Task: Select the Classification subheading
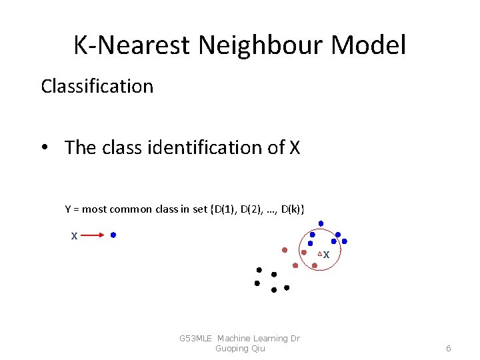(x=97, y=86)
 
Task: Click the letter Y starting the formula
(x=68, y=209)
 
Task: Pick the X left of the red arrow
(x=75, y=235)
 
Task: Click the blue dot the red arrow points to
(x=113, y=235)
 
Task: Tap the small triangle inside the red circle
(x=319, y=254)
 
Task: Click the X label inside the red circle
(x=327, y=255)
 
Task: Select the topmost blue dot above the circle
(x=321, y=223)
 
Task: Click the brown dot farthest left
(x=285, y=250)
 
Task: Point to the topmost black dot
(x=259, y=269)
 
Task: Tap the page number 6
(x=449, y=348)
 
